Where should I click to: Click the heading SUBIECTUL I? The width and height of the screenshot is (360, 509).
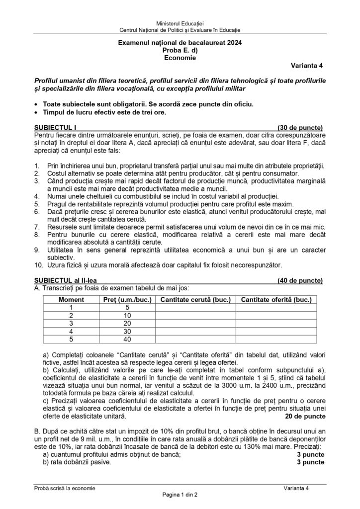[x=56, y=141]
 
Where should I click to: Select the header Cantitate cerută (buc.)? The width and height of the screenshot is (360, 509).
[x=195, y=300]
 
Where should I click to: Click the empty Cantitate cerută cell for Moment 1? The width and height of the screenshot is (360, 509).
[x=195, y=307]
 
